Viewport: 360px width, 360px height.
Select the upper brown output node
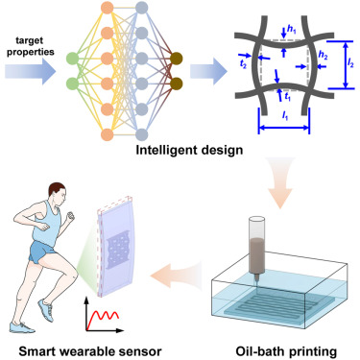pos(176,57)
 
